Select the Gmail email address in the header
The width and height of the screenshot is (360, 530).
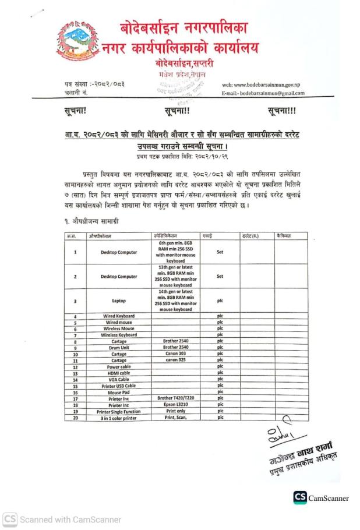(264, 93)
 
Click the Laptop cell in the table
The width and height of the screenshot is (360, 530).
(119, 301)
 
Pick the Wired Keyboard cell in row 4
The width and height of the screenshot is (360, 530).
(119, 316)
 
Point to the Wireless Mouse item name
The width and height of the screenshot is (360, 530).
(119, 328)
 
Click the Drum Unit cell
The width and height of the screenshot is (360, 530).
(119, 348)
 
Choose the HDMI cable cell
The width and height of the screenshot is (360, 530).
(119, 373)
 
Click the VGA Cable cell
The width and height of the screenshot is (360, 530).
(119, 380)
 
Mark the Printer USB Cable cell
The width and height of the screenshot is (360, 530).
(119, 386)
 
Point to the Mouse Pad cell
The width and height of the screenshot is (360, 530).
(119, 393)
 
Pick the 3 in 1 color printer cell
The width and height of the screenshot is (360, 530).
(119, 418)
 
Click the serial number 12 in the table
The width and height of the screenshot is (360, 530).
(76, 367)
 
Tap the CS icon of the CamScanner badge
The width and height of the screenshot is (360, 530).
(301, 497)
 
